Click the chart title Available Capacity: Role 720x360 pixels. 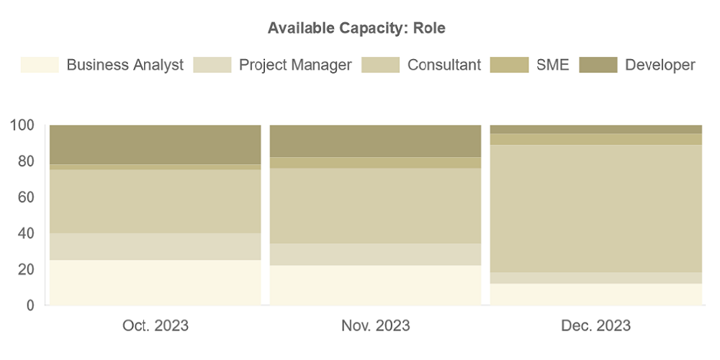[x=356, y=28]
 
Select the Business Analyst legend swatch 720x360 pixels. [x=40, y=65]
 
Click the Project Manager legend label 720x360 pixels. [x=295, y=65]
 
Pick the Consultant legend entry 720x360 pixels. [x=444, y=65]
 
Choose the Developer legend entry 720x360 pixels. [x=660, y=65]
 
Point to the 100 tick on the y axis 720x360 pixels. [x=22, y=125]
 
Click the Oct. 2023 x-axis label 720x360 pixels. [x=155, y=325]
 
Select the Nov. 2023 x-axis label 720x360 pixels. [x=375, y=325]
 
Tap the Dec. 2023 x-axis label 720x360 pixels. [x=595, y=325]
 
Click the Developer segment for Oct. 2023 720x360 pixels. [x=155, y=144]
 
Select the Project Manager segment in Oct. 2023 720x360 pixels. [x=155, y=246]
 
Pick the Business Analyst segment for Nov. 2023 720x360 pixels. [x=375, y=285]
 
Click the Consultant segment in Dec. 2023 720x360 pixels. [x=595, y=209]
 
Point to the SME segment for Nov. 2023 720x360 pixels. [x=375, y=163]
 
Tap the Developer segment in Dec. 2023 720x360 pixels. [x=595, y=129]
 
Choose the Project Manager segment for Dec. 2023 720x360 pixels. [x=595, y=278]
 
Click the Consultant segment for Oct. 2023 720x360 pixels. [x=155, y=202]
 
